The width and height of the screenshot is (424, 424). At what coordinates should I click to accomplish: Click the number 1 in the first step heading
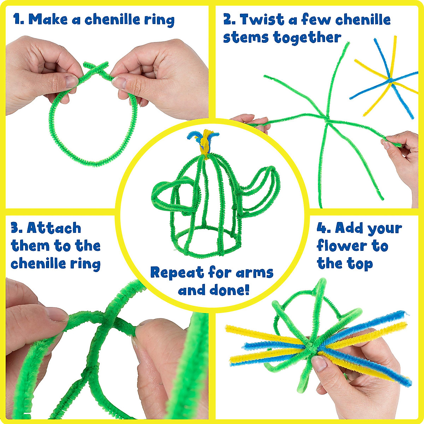[x=17, y=19]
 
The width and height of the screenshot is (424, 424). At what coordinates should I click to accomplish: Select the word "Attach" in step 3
[x=54, y=228]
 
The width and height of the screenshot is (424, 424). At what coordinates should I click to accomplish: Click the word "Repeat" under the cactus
[x=177, y=272]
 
